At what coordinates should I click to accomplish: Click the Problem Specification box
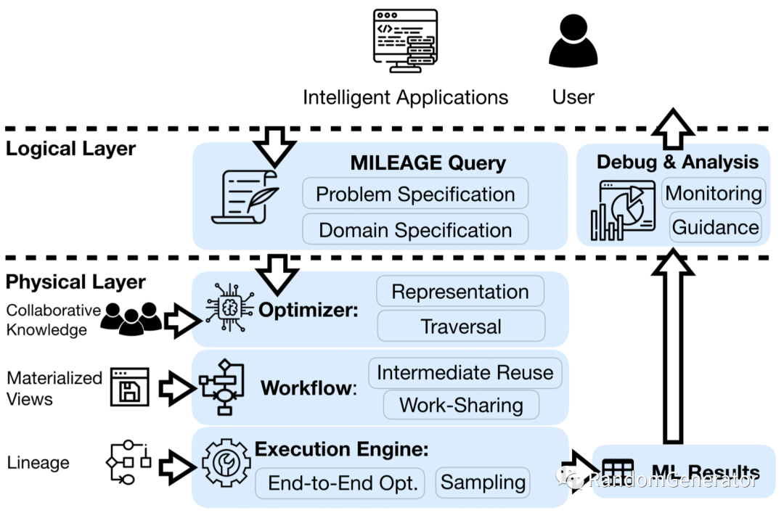(415, 194)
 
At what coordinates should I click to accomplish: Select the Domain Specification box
(415, 230)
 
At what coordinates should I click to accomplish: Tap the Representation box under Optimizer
(460, 292)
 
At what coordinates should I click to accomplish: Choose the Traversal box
(461, 327)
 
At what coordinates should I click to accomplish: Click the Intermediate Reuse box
(465, 373)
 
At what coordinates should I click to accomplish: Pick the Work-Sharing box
(461, 406)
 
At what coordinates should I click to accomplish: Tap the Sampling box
(483, 483)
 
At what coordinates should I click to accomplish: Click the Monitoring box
(714, 193)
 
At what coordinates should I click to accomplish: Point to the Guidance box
(715, 227)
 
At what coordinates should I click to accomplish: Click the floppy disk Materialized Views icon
(130, 387)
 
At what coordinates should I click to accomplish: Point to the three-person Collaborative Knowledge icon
(131, 319)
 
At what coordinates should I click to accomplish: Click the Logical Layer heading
(70, 149)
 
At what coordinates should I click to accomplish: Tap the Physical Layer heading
(75, 282)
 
